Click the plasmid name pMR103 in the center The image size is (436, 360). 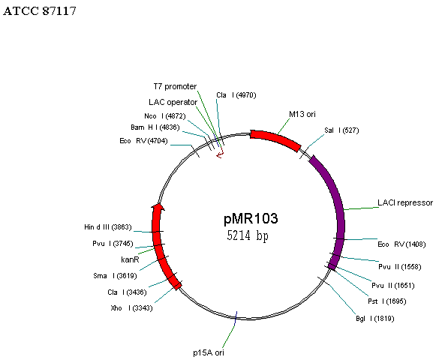pos(251,218)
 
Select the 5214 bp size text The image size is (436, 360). pos(248,235)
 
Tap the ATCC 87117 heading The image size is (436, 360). pos(40,10)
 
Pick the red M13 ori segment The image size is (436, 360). pos(276,139)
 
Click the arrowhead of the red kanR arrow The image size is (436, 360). pos(158,207)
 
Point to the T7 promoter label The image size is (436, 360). pos(175,86)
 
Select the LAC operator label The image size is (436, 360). pos(173,102)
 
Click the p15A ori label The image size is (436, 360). pos(209,352)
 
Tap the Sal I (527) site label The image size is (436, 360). pos(341,130)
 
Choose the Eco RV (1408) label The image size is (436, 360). pos(401,244)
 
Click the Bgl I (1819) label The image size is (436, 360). pos(375,319)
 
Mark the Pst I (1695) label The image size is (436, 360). pos(386,301)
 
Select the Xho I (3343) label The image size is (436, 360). pos(131,308)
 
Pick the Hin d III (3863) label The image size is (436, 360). pos(108,227)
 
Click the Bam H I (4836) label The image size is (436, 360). pos(155,127)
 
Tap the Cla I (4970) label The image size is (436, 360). pos(236,95)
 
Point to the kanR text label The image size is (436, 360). pos(130,259)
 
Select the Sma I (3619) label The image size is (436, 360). pos(115,276)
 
